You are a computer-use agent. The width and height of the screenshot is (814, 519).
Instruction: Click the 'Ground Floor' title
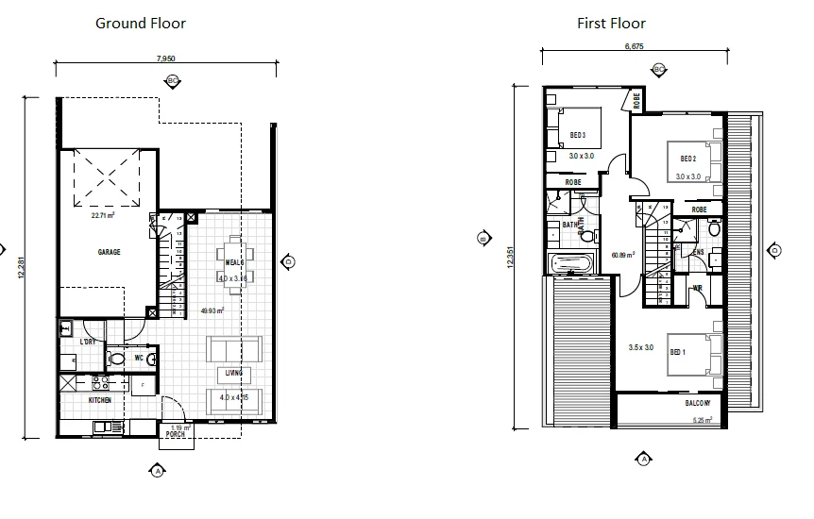click(x=141, y=23)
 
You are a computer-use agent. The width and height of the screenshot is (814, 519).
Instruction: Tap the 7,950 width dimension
click(x=165, y=59)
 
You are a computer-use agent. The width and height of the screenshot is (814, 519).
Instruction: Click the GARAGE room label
click(x=110, y=253)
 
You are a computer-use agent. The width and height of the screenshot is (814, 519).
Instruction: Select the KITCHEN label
click(x=100, y=400)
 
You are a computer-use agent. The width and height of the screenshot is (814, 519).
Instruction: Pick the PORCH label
click(x=176, y=435)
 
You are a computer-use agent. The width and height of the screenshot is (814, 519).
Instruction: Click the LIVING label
click(x=233, y=373)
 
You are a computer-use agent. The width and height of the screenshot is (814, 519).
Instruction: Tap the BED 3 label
click(x=578, y=135)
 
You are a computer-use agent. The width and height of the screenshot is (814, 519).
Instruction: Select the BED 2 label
click(x=687, y=158)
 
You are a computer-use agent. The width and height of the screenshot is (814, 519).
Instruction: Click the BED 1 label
click(x=676, y=352)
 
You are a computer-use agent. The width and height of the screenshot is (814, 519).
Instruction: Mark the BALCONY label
click(x=700, y=404)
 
